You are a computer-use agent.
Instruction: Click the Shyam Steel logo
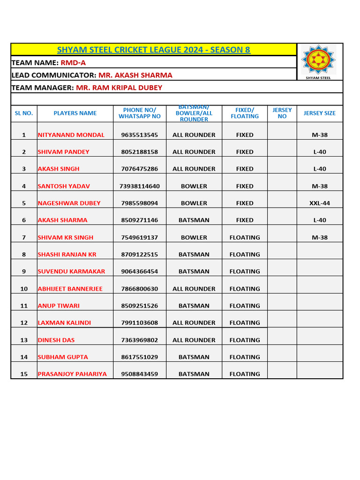click(319, 61)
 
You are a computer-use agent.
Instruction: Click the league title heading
click(153, 50)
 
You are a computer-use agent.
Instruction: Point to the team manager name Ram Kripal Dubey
click(119, 87)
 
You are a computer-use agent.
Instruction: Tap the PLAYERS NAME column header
click(75, 113)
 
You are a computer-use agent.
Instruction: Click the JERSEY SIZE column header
click(320, 113)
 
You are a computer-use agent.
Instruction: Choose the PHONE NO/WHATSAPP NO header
click(140, 113)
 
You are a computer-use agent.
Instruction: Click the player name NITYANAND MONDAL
click(71, 135)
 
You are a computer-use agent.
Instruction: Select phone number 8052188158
click(140, 152)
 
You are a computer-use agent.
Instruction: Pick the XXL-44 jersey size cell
click(320, 203)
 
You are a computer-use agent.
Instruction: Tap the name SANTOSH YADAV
click(64, 186)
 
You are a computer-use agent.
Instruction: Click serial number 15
click(24, 374)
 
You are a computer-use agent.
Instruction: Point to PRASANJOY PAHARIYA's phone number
click(140, 374)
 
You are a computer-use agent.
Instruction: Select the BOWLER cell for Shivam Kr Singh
click(194, 238)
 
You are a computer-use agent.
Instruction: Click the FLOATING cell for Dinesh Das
click(245, 340)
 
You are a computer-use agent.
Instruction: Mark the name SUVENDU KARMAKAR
click(71, 271)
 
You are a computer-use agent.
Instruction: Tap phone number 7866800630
click(140, 289)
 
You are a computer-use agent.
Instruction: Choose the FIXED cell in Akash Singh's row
click(245, 169)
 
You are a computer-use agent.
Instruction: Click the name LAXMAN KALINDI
click(65, 323)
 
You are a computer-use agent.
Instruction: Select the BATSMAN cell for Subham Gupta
click(194, 357)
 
